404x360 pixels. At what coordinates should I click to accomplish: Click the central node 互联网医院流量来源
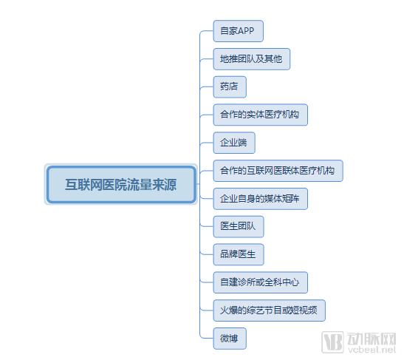tap(121, 184)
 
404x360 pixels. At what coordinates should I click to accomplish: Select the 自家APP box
tap(239, 31)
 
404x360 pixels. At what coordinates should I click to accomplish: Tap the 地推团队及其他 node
tap(252, 59)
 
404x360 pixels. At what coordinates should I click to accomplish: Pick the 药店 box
tap(230, 87)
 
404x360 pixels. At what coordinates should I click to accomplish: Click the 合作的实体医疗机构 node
tap(261, 115)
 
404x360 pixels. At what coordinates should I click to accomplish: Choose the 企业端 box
tap(234, 143)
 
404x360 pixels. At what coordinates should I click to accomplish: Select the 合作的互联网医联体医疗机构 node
tap(278, 171)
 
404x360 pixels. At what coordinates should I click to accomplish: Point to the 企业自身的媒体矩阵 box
tap(261, 199)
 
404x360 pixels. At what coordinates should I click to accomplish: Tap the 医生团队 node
tap(239, 227)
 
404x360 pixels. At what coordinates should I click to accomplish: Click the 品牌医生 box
tap(239, 254)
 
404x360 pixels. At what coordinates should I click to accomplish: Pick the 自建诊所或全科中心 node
tap(261, 282)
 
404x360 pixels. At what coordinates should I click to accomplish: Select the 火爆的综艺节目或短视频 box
tap(270, 310)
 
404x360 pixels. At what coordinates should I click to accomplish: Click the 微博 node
tap(230, 339)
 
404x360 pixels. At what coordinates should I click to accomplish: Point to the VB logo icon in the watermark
tap(332, 342)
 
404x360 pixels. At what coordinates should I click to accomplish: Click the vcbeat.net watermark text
tap(372, 350)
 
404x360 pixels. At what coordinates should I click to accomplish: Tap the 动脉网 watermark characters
tap(372, 339)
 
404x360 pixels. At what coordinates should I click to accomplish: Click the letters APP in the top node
tap(246, 31)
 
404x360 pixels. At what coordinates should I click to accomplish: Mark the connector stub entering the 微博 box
tap(207, 338)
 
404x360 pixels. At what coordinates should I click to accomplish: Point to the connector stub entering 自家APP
tap(207, 31)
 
